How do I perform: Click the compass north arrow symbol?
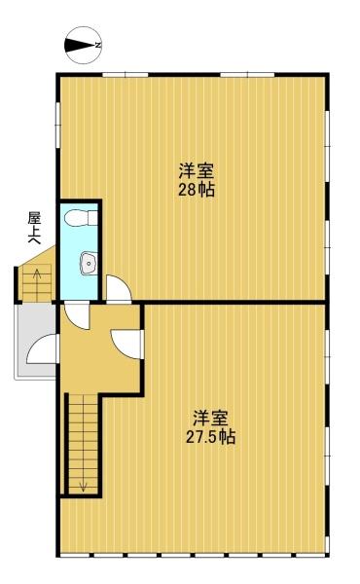tap(83, 45)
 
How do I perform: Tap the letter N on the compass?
tap(98, 45)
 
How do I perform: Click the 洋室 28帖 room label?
tap(197, 180)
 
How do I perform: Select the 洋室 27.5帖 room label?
tap(211, 427)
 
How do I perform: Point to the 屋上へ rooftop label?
tap(34, 228)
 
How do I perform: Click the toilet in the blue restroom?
tap(81, 217)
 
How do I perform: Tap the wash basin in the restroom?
tap(89, 264)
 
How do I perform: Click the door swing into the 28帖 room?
tap(119, 289)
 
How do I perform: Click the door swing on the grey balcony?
tap(42, 348)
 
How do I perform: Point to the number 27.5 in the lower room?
tap(201, 436)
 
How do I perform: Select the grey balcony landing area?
tap(36, 341)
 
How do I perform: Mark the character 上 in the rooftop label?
tap(34, 228)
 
